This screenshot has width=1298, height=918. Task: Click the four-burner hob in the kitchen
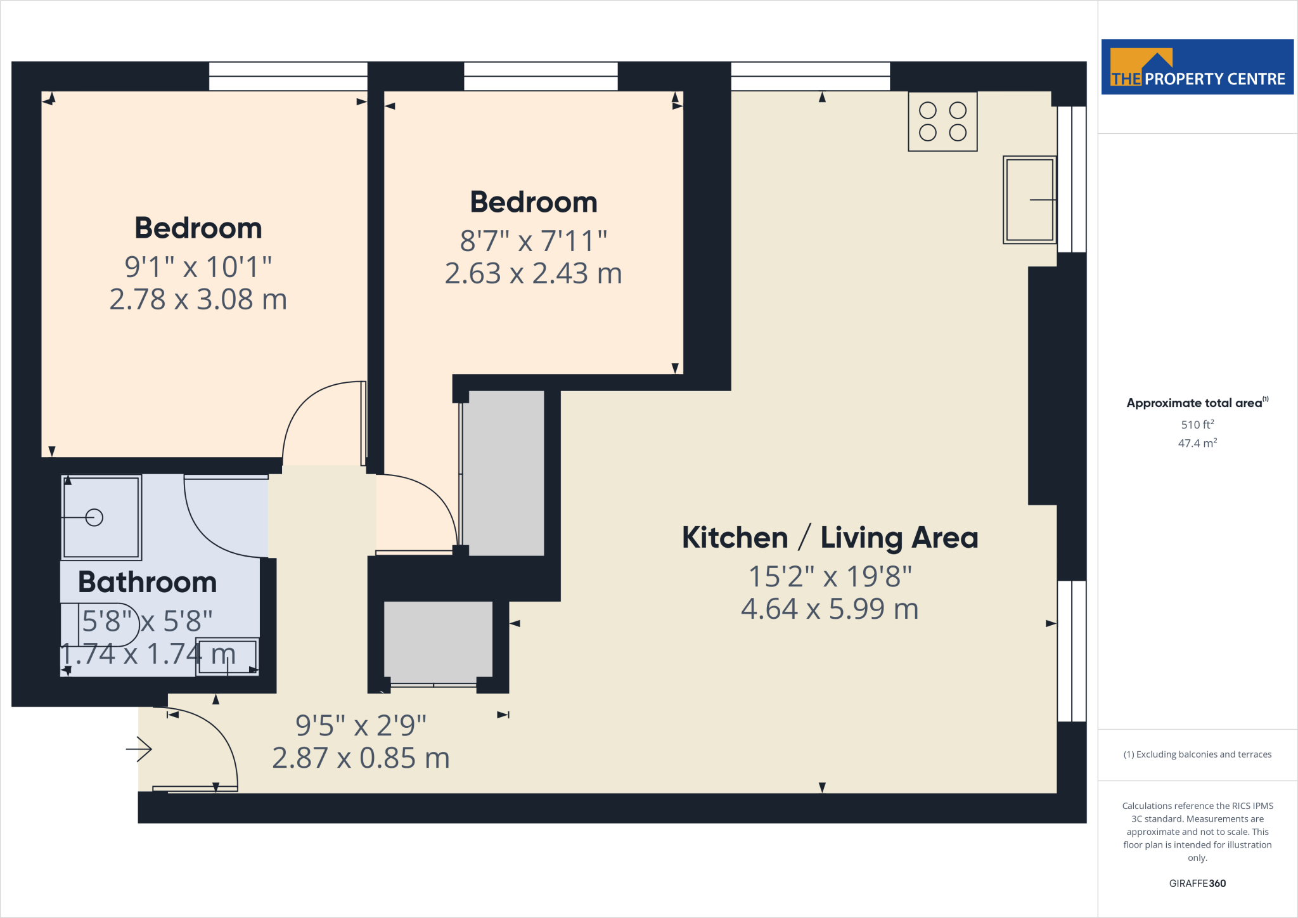click(x=942, y=122)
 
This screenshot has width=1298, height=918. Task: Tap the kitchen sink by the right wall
click(x=1029, y=200)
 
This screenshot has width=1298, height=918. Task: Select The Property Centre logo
click(x=1197, y=67)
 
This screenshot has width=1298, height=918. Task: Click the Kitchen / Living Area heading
click(x=830, y=538)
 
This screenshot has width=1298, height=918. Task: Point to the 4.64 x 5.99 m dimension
click(x=830, y=609)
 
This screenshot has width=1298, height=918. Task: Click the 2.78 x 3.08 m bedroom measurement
click(x=198, y=299)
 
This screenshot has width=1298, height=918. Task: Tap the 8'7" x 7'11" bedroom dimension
click(x=533, y=241)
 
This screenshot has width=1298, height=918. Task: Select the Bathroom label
click(x=147, y=582)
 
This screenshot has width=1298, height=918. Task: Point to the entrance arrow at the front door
click(x=139, y=749)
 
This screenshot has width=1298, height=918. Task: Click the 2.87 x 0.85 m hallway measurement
click(x=361, y=758)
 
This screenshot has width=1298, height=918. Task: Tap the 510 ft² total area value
click(x=1197, y=424)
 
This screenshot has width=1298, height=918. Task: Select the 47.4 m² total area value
click(x=1197, y=443)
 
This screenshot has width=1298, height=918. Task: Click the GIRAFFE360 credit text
click(x=1197, y=883)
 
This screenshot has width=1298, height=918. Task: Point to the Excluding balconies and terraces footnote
click(x=1197, y=754)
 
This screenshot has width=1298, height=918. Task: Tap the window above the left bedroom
click(x=288, y=76)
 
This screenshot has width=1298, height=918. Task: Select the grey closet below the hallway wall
click(x=438, y=639)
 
